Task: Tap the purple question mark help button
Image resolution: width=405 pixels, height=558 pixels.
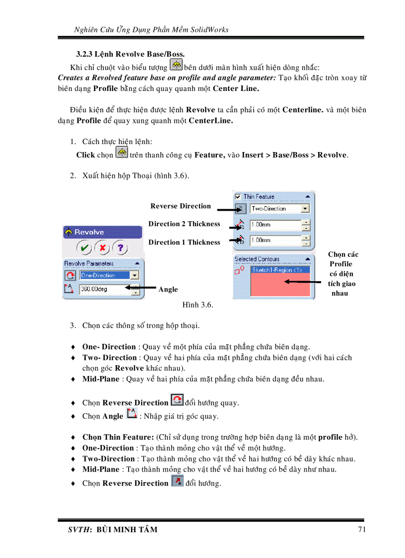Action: [120, 247]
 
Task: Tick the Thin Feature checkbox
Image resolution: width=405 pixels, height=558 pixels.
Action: [238, 197]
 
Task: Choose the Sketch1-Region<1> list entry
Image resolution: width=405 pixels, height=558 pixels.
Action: [280, 270]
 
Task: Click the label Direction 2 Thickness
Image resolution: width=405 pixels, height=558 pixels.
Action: [184, 224]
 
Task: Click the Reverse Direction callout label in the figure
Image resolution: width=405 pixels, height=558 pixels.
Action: [181, 206]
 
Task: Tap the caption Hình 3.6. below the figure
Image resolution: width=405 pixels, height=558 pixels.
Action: [198, 305]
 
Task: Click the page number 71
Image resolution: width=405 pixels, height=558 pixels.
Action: [361, 529]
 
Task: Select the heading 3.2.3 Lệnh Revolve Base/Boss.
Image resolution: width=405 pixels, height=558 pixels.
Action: [131, 54]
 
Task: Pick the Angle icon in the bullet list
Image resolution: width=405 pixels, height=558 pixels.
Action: [132, 414]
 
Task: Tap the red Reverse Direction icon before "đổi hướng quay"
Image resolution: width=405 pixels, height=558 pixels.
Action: [177, 400]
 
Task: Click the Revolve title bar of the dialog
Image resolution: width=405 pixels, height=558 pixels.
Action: [102, 232]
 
